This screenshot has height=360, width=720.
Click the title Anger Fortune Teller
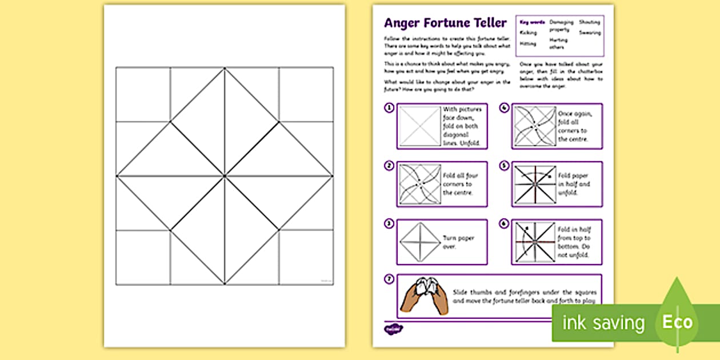445,23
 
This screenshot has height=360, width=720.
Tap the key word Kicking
528,33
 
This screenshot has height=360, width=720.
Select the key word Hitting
528,43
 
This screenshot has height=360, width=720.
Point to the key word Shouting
590,22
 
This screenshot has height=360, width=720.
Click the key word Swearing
590,33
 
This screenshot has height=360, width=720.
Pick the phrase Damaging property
562,25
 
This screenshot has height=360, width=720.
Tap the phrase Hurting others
559,43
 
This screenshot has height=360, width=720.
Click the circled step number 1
389,107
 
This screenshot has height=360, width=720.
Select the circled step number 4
505,107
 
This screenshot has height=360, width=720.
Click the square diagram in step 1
420,126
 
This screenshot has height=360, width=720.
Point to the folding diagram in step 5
534,184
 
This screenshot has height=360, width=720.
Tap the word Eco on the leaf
677,322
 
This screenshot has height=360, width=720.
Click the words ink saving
603,323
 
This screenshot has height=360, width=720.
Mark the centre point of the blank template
225,175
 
